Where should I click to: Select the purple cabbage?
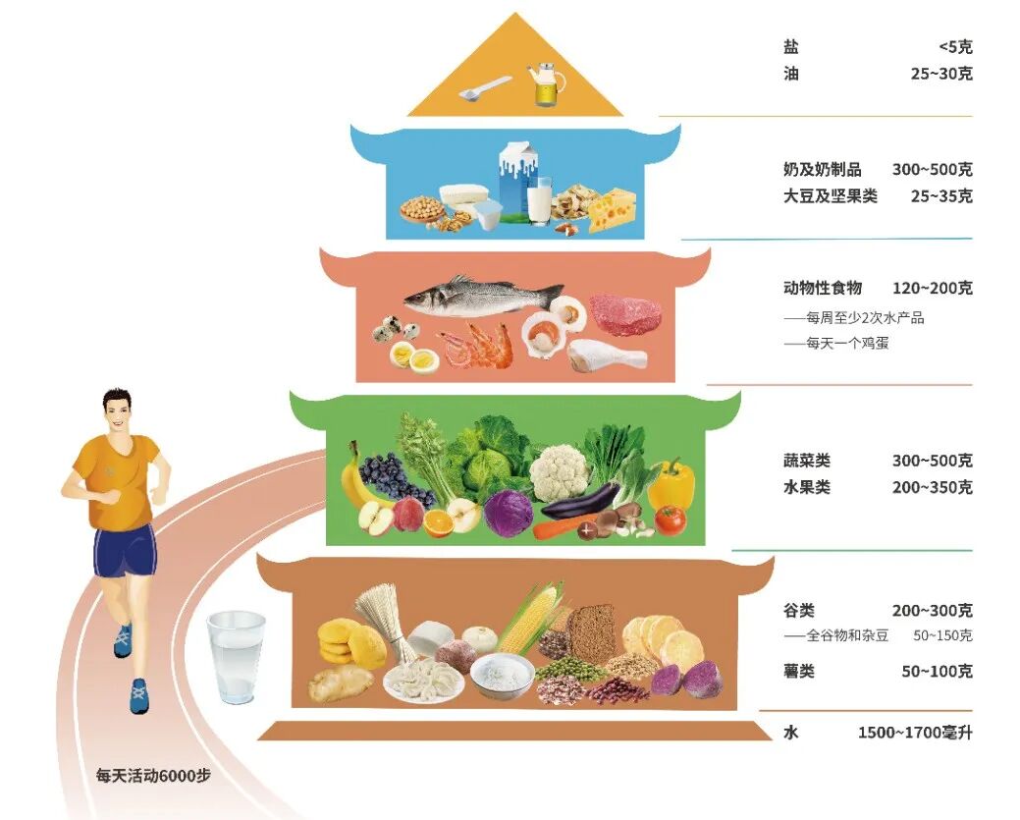(509, 513)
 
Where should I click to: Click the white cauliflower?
(559, 471)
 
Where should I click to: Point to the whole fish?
(481, 295)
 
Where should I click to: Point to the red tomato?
(671, 519)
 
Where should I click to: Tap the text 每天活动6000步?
(153, 774)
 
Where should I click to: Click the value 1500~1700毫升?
(914, 733)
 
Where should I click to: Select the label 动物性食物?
(823, 288)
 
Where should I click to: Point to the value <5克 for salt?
(955, 46)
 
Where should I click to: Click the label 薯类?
(799, 672)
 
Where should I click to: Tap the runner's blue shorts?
(124, 551)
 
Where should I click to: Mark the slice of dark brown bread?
(592, 629)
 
